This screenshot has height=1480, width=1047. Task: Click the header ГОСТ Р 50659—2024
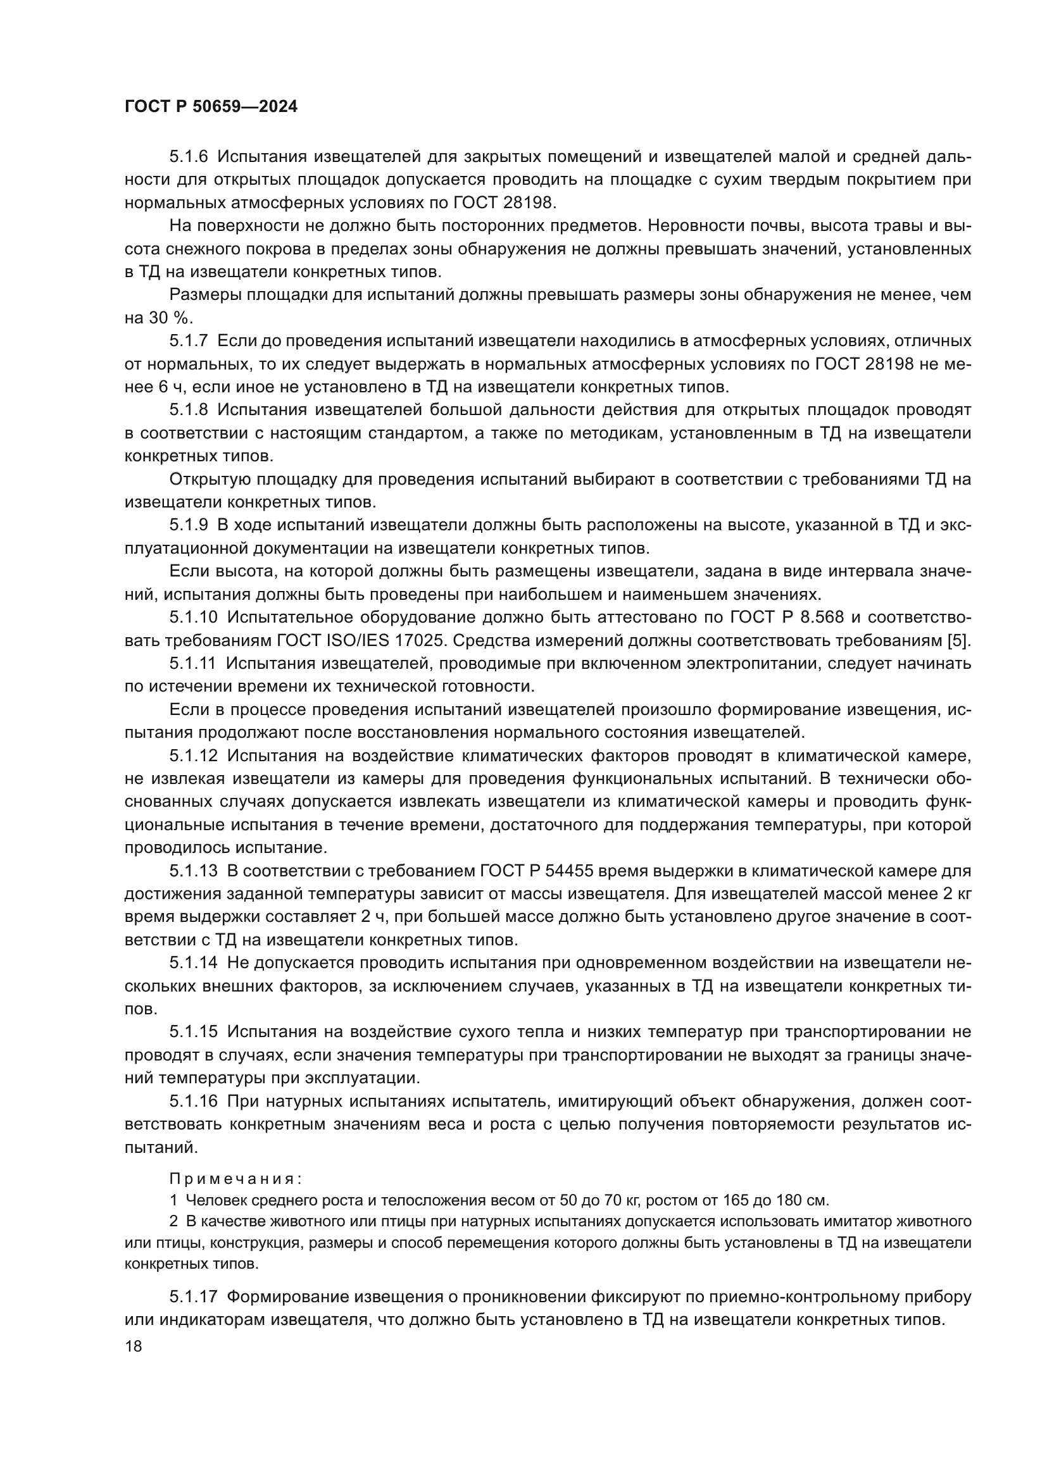click(x=211, y=107)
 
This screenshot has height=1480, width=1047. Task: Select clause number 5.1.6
click(x=189, y=157)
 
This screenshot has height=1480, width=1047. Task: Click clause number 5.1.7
click(x=189, y=341)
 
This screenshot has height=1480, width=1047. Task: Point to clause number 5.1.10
click(x=194, y=618)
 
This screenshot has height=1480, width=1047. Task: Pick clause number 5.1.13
click(x=194, y=871)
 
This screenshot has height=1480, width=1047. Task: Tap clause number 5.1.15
click(x=194, y=1032)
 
